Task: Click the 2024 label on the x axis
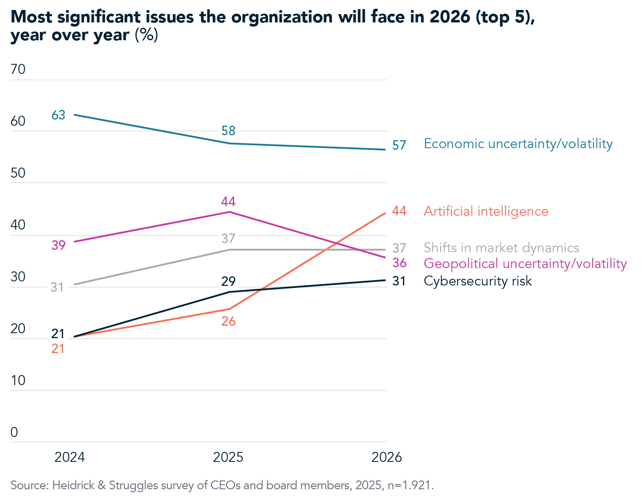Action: [x=70, y=457]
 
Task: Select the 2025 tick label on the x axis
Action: [x=228, y=457]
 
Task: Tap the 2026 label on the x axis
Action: [x=386, y=457]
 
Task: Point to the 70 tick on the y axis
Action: [x=18, y=69]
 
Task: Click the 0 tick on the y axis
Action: [x=14, y=432]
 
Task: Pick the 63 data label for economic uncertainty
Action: [x=59, y=115]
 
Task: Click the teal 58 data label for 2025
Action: [x=228, y=131]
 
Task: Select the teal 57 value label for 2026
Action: [x=399, y=145]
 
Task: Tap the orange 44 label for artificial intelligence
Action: [x=399, y=211]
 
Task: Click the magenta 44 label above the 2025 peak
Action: [x=228, y=202]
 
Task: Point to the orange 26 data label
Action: [x=228, y=321]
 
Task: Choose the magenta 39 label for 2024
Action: [x=59, y=245]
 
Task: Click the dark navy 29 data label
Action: [x=228, y=281]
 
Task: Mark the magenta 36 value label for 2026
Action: [x=399, y=263]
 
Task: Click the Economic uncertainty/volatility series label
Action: [x=518, y=144]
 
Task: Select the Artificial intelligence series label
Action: [x=486, y=211]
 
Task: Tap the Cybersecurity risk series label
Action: [x=478, y=281]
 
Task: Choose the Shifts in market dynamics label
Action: [x=501, y=248]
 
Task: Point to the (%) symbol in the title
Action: [x=146, y=35]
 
